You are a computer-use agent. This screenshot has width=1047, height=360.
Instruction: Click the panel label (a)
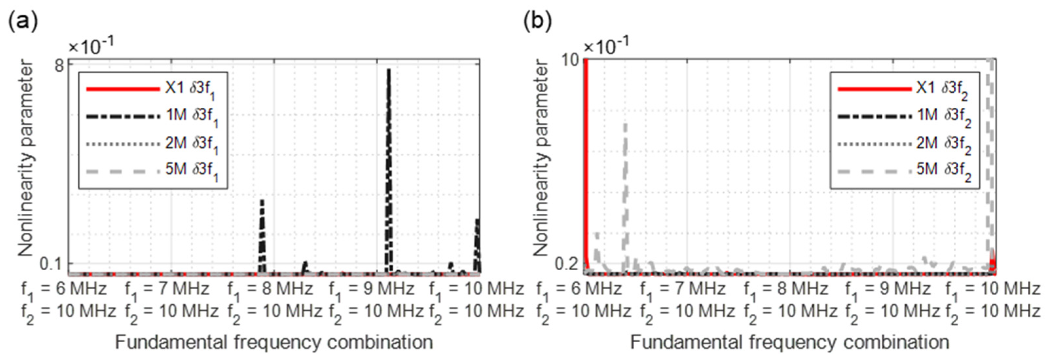click(x=23, y=21)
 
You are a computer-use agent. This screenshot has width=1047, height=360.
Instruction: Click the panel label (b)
click(x=537, y=21)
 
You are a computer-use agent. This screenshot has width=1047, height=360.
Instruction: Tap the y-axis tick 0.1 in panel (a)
click(x=52, y=264)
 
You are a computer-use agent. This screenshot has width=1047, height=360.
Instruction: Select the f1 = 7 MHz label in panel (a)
click(x=167, y=289)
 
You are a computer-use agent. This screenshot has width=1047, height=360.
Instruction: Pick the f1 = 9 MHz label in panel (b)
click(x=888, y=289)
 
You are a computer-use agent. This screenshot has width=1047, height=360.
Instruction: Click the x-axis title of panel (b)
click(x=789, y=342)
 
